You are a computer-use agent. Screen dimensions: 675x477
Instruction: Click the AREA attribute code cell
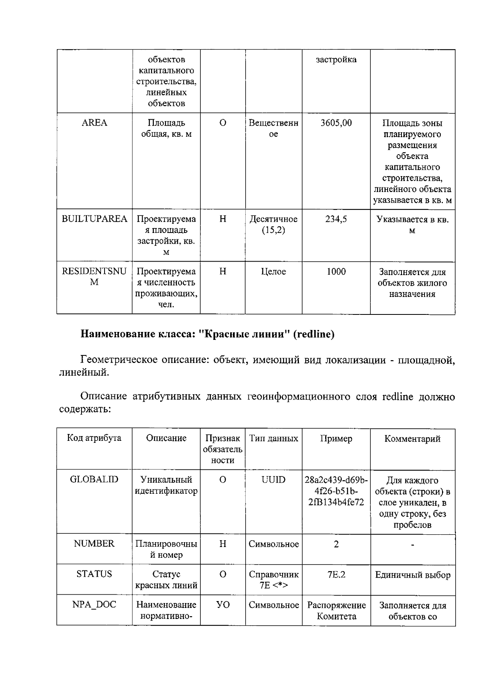[x=94, y=123]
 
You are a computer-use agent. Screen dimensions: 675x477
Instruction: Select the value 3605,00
[x=336, y=123]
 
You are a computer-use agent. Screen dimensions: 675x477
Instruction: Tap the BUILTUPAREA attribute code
[x=94, y=219]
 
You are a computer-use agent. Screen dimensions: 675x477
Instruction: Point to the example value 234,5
[x=336, y=219]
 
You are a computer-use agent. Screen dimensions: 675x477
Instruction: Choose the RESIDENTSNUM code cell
[x=94, y=277]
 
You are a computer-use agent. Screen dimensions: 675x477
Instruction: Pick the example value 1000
[x=336, y=272]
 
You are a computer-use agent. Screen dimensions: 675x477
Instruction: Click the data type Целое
[x=273, y=272]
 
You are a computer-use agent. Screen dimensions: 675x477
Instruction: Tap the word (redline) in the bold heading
[x=314, y=334]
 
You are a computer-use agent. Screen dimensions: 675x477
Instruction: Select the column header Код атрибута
[x=94, y=438]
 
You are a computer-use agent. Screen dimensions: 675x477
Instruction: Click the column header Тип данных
[x=273, y=438]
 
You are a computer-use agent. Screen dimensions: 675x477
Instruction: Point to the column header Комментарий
[x=412, y=438]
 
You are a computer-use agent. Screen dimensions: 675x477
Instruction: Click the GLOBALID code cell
[x=94, y=479]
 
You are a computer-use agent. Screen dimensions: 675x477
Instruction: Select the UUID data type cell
[x=273, y=480]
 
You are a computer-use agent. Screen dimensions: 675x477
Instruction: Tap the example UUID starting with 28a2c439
[x=336, y=491]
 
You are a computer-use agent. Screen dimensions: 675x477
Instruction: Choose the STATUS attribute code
[x=94, y=574]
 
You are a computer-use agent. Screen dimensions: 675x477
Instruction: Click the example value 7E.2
[x=336, y=575]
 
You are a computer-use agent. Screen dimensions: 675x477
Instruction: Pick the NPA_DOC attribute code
[x=94, y=605]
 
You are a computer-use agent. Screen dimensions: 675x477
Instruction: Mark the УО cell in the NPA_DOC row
[x=223, y=605]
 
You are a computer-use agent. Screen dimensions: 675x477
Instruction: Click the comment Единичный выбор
[x=413, y=575]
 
